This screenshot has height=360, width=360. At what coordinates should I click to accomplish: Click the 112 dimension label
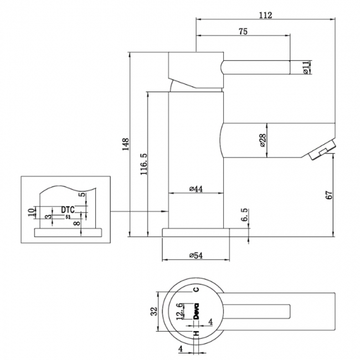(265, 15)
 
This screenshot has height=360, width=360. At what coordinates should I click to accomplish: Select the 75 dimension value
(242, 32)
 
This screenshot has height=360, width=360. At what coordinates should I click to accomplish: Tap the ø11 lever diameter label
(305, 67)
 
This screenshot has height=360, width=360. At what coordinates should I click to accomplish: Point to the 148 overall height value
(126, 144)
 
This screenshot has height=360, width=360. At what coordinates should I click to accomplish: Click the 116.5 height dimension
(143, 163)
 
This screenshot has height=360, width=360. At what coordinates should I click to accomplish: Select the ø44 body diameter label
(196, 189)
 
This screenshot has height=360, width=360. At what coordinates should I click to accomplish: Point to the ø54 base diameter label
(196, 255)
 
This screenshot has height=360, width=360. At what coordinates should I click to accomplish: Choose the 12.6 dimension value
(179, 311)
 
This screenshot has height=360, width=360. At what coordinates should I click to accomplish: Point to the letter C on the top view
(196, 289)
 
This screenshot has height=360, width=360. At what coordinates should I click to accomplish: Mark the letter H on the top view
(196, 333)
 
